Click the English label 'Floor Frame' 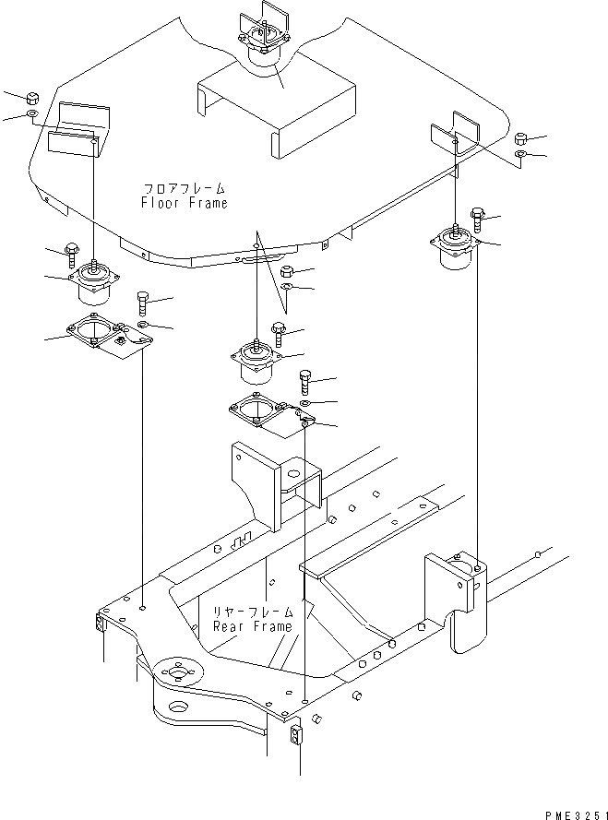(x=184, y=202)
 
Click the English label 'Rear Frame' (x=253, y=625)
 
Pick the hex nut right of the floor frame (x=521, y=136)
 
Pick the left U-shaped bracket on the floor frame (x=78, y=129)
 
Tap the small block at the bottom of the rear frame (x=295, y=735)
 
